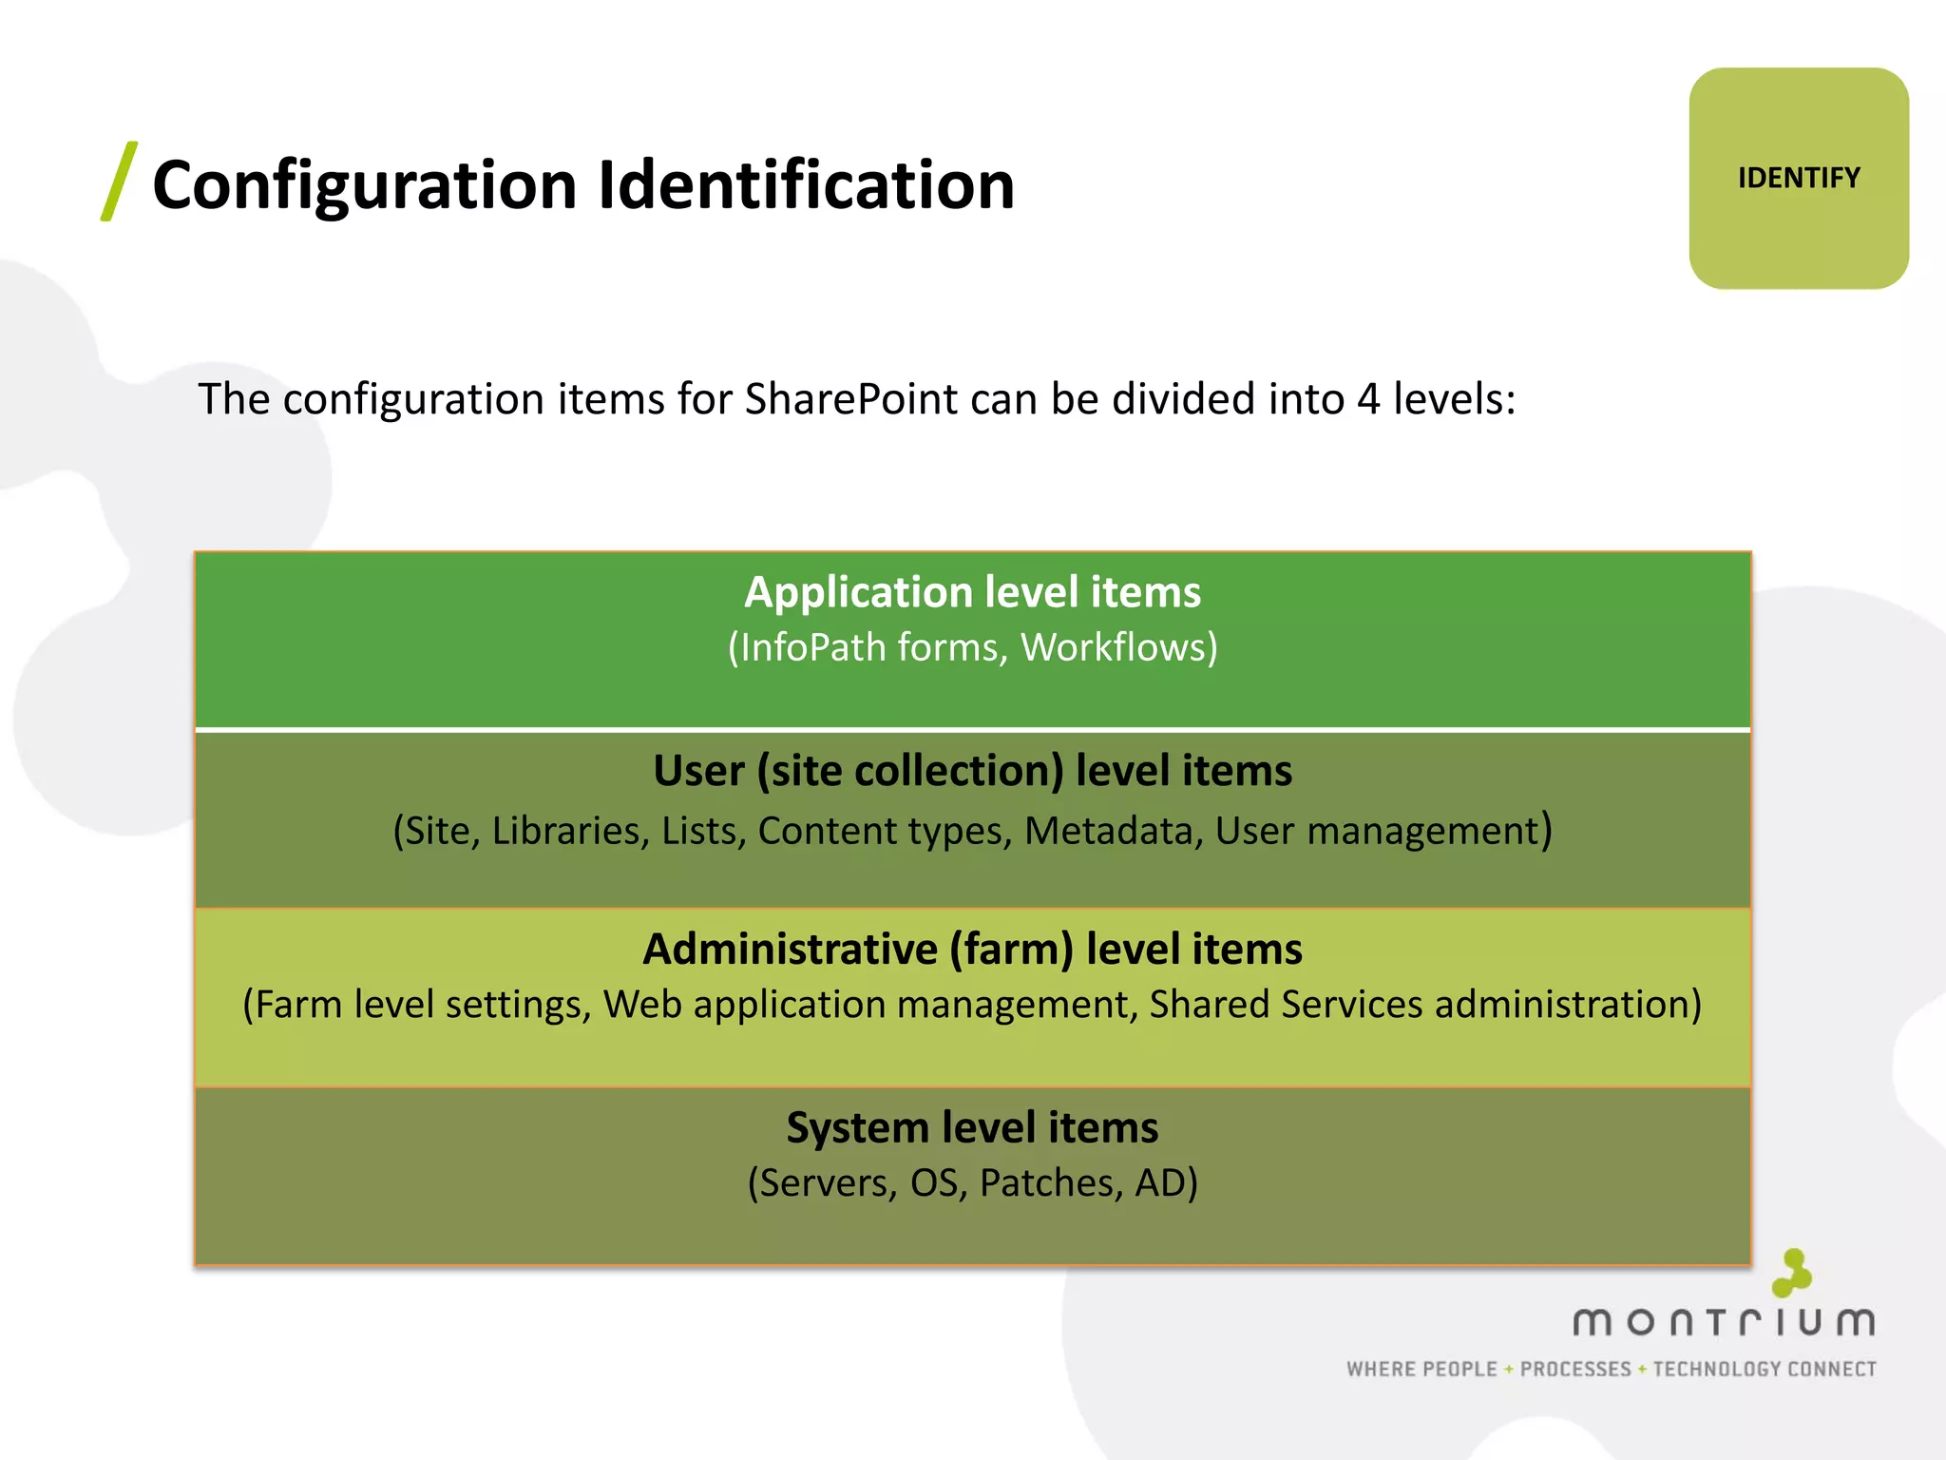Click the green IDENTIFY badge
click(x=1798, y=179)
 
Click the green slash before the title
click(x=119, y=182)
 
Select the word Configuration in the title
click(x=364, y=185)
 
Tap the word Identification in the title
click(x=806, y=185)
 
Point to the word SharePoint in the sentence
click(x=850, y=399)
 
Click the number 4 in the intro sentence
click(x=1367, y=399)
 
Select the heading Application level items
click(x=972, y=592)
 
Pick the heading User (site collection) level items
click(x=972, y=771)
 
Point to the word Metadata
click(x=1108, y=832)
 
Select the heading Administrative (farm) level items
click(x=972, y=950)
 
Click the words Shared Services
click(x=1286, y=1006)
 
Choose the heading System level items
click(x=972, y=1128)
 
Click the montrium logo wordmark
click(x=1724, y=1322)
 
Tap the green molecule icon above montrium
click(x=1792, y=1273)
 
